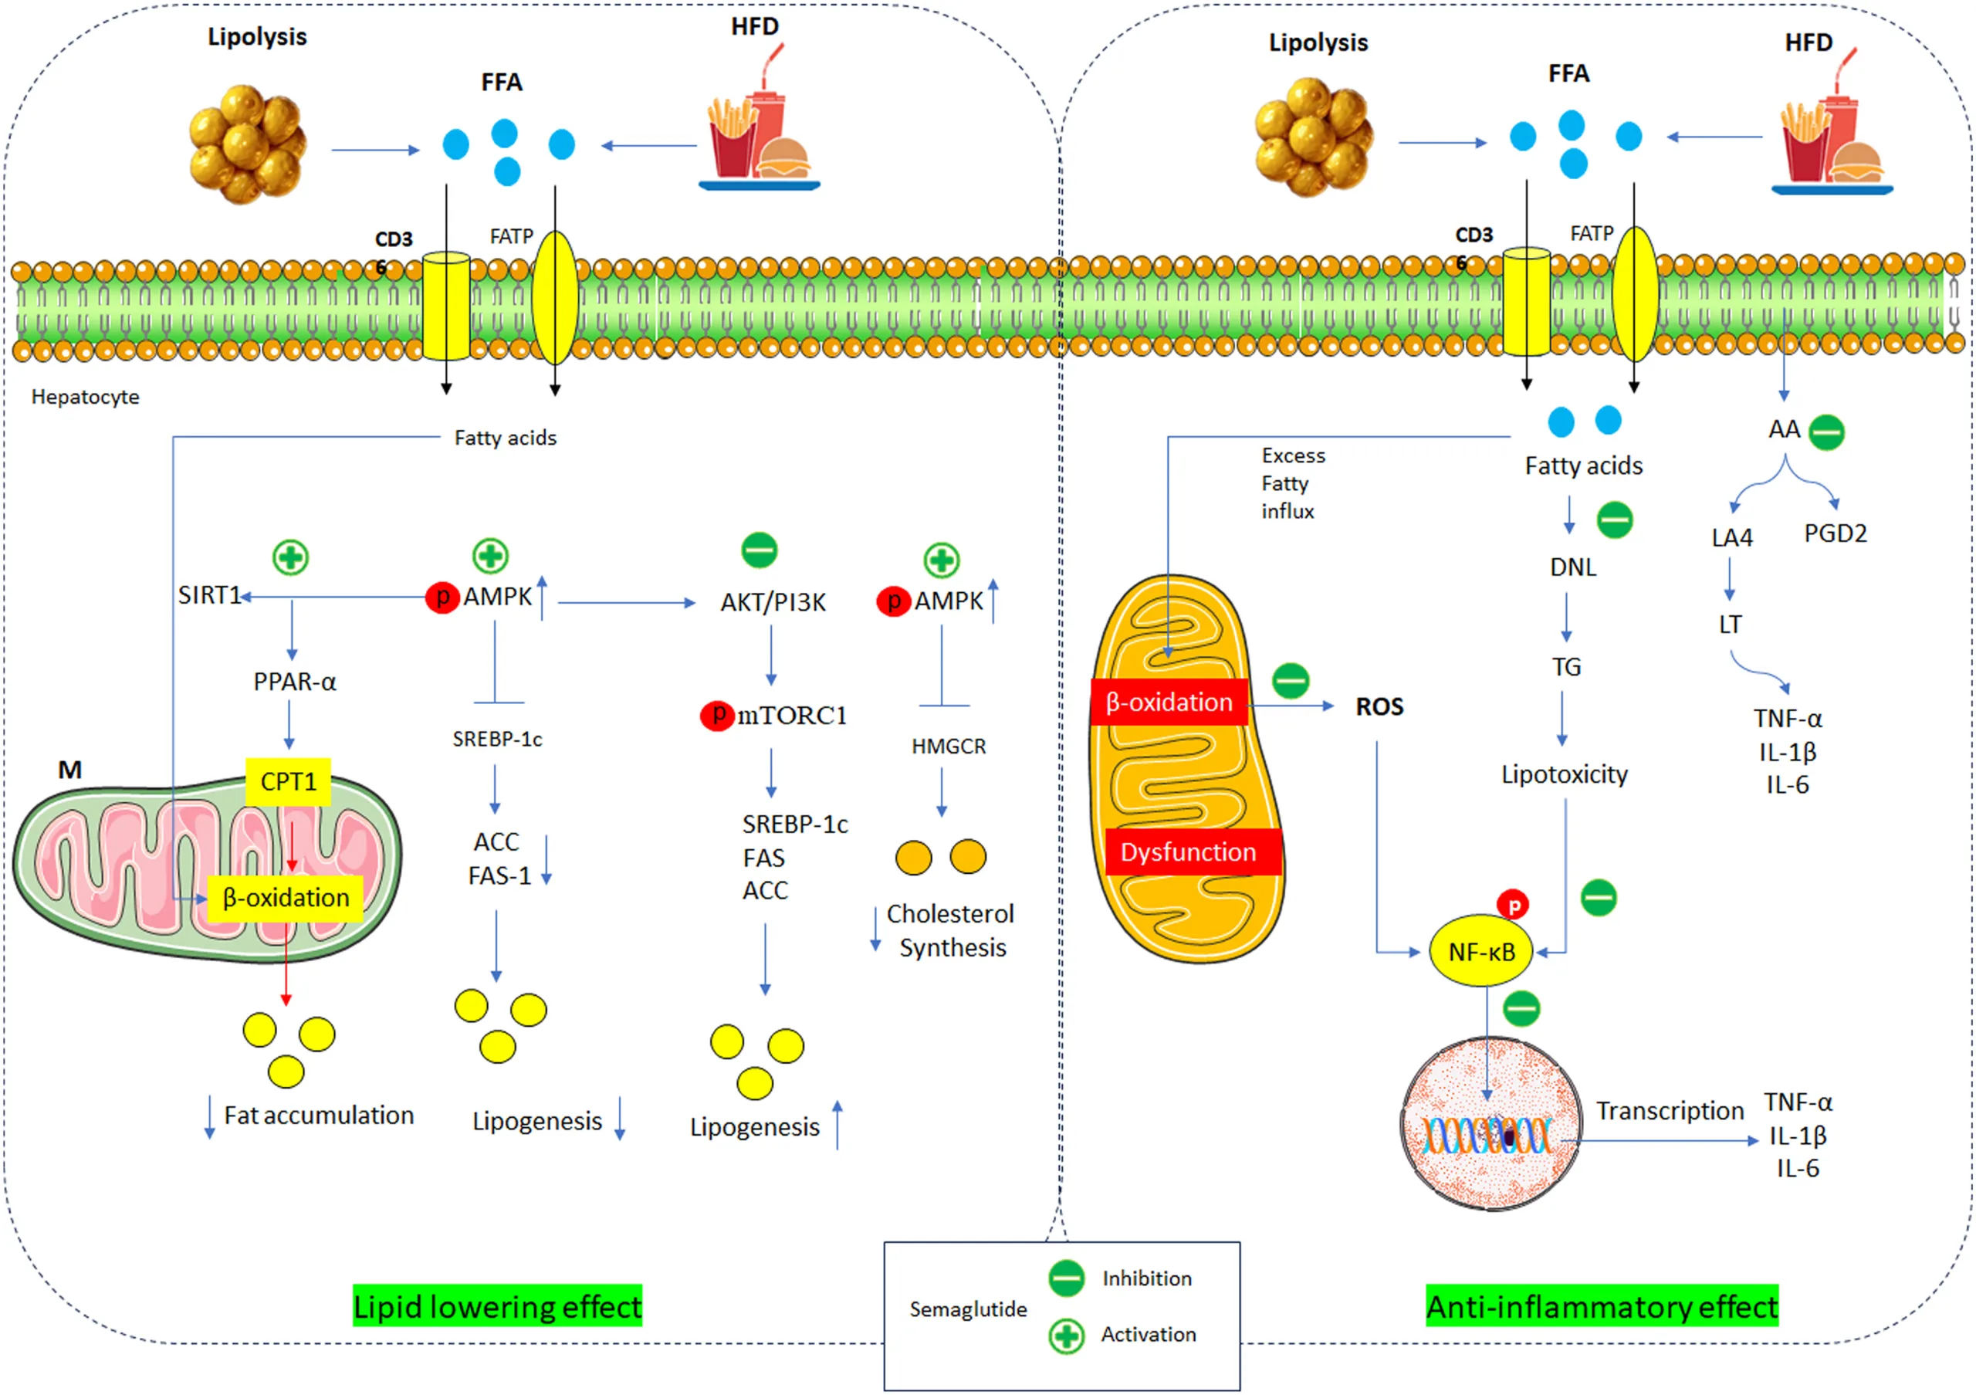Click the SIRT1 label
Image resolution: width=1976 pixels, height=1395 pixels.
(208, 595)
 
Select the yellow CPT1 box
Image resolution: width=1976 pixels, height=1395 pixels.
(287, 781)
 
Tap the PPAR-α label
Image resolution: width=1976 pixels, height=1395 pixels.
(294, 682)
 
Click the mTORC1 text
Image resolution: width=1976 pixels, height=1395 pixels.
(792, 715)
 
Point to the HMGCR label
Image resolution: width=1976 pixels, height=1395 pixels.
(949, 746)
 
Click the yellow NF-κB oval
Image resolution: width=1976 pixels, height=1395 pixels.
(1480, 952)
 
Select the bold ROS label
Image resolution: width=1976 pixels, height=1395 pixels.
(1379, 706)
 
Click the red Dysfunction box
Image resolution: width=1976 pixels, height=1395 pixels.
(1189, 852)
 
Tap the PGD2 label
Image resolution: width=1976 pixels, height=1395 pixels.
(1835, 533)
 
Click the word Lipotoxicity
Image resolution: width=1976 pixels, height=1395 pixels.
(1564, 774)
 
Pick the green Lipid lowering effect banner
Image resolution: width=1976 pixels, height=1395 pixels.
(497, 1306)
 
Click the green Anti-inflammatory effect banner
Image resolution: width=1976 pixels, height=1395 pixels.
(1602, 1306)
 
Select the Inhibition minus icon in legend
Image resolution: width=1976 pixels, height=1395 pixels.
(1066, 1278)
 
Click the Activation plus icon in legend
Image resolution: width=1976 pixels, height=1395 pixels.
(1066, 1336)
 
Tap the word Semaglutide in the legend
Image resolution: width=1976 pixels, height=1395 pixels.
(968, 1309)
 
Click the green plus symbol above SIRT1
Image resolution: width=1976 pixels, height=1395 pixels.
(291, 557)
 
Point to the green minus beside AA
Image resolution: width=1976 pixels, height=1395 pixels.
(1826, 432)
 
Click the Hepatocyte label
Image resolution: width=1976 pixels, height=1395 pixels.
(85, 397)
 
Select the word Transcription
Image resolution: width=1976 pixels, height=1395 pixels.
(1670, 1111)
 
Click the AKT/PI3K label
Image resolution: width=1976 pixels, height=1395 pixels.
(773, 602)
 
